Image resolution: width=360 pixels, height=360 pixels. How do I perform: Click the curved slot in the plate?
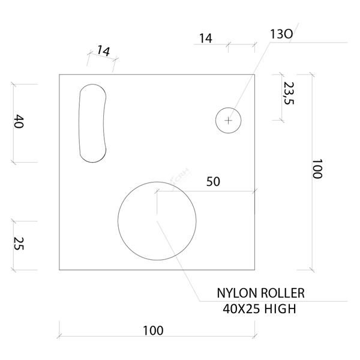pyautogui.click(x=93, y=123)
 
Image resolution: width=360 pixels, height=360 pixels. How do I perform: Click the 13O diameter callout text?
pyautogui.click(x=281, y=35)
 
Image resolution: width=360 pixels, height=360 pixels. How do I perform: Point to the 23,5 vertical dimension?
pyautogui.click(x=288, y=94)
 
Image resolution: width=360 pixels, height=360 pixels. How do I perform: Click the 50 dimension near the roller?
pyautogui.click(x=213, y=182)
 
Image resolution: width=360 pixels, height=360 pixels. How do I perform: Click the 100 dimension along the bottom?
pyautogui.click(x=153, y=331)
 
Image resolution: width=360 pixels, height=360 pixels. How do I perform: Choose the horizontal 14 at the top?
pyautogui.click(x=205, y=38)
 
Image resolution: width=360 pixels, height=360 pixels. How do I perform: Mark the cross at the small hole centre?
pyautogui.click(x=228, y=121)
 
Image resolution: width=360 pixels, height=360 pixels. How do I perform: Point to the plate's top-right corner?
pyautogui.click(x=255, y=74)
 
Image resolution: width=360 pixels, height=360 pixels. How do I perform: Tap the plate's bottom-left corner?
pyautogui.click(x=59, y=270)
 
